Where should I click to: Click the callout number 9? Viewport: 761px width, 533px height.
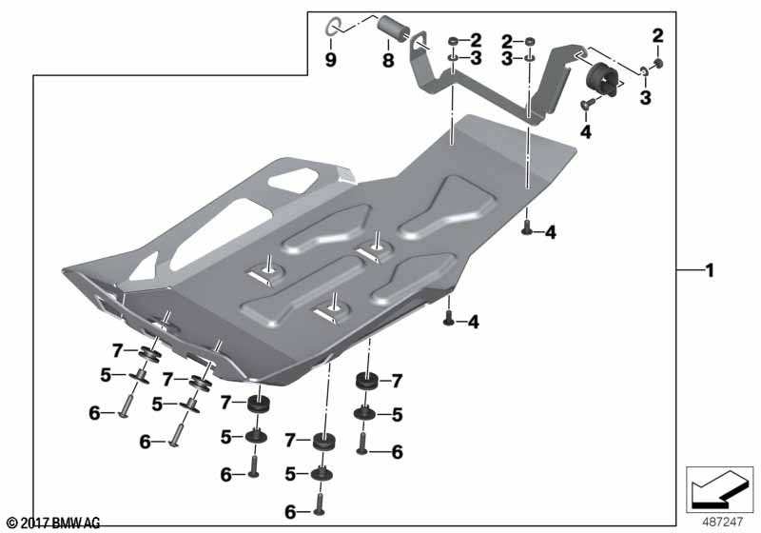330,60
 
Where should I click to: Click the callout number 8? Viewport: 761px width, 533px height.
388,60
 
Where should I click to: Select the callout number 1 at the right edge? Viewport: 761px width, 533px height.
710,270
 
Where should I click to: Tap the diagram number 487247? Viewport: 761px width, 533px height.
722,522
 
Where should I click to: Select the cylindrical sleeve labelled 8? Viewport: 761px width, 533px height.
395,29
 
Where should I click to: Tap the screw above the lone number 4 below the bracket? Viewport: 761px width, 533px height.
587,103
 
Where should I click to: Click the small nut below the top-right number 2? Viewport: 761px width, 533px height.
658,63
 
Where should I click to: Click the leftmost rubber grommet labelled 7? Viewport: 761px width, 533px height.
149,354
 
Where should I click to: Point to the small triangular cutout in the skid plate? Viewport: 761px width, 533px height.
144,266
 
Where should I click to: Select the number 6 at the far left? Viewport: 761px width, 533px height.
94,413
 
